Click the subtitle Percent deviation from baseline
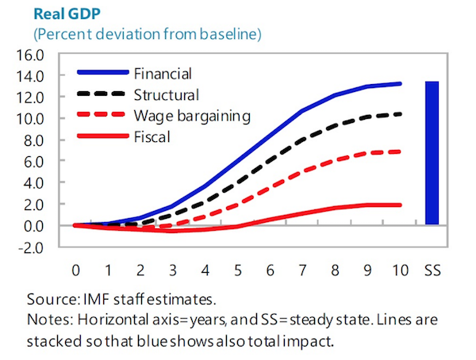pos(147,35)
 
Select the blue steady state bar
pos(432,153)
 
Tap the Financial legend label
pos(164,74)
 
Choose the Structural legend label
pos(165,94)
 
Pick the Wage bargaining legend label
pos(194,116)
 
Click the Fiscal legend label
pos(153,136)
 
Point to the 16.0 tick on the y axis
pos(44,56)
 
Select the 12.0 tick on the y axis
pos(44,98)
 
